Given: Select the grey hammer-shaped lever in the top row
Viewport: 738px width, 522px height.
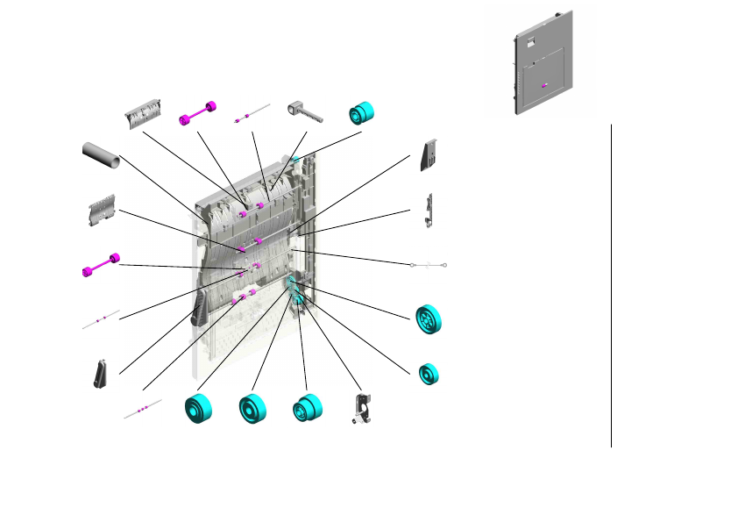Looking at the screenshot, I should tap(303, 111).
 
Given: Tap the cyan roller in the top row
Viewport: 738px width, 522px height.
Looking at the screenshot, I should tap(361, 113).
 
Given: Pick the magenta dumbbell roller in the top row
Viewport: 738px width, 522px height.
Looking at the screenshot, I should tap(198, 114).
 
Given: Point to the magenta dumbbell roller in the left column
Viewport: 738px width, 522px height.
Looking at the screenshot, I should tap(100, 265).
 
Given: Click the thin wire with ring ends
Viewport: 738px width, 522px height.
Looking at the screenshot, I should tap(428, 263).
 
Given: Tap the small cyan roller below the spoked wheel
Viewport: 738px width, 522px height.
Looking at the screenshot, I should tap(429, 374).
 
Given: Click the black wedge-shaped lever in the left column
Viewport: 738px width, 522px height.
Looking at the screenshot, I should tap(101, 374).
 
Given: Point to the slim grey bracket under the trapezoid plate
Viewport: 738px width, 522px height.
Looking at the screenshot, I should tap(428, 211).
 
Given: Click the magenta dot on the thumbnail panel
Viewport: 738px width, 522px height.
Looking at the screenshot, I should tap(544, 85).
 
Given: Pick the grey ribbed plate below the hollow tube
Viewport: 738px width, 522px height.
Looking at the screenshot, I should tap(103, 211).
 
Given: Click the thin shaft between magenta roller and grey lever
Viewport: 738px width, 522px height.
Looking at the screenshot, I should tap(252, 114).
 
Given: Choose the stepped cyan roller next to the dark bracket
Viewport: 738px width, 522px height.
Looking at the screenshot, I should tap(307, 409).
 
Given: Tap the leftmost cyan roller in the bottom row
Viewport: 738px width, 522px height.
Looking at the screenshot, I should tap(199, 409).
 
